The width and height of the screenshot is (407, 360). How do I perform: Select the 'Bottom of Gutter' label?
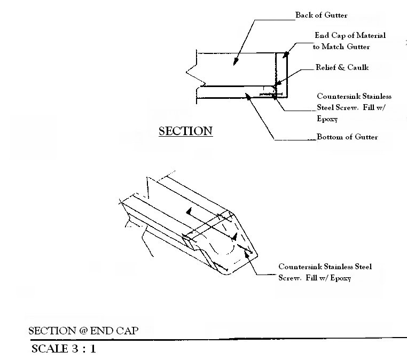click(347, 137)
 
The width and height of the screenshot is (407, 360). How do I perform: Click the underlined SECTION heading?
click(186, 131)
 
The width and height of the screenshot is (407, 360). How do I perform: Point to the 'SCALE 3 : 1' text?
click(64, 350)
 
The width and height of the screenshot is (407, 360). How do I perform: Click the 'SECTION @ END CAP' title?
click(83, 331)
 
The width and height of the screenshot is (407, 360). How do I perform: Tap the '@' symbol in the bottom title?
click(83, 331)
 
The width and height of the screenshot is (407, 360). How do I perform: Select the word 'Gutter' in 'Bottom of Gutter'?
click(365, 137)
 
